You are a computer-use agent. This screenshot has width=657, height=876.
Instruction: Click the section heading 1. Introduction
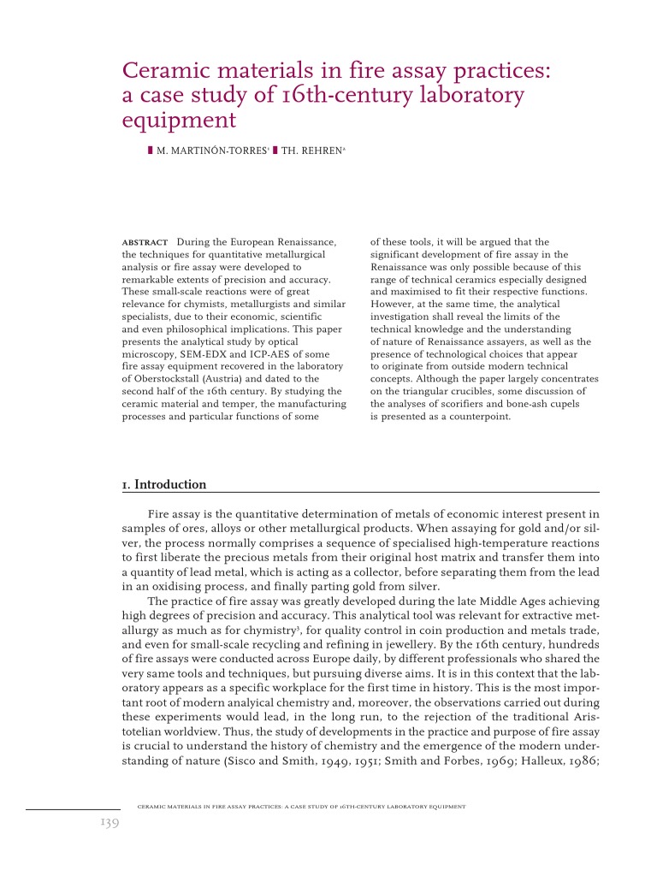coord(164,484)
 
